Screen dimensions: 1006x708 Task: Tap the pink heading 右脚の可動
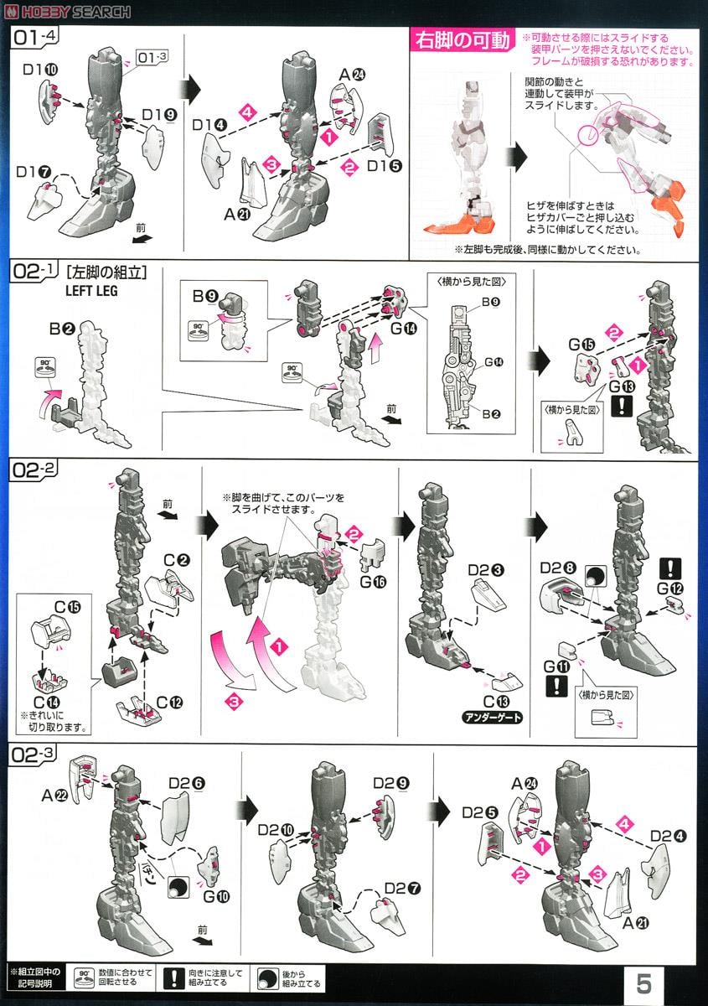pos(459,40)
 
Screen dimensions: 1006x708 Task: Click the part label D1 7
pos(34,172)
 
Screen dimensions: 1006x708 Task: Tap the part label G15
pos(572,345)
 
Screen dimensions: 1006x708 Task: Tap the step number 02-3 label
pos(34,753)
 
